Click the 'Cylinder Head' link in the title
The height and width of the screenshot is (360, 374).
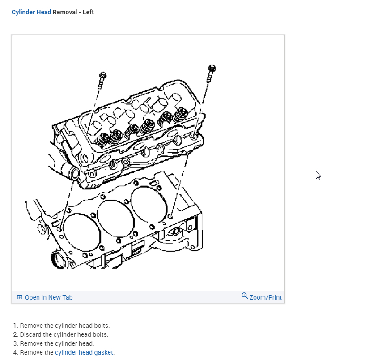[x=31, y=12]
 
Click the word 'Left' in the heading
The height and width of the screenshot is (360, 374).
[x=88, y=12]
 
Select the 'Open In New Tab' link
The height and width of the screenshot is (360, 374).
[x=48, y=297]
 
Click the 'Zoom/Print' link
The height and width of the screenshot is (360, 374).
[x=266, y=297]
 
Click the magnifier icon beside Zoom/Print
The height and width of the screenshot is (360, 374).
[x=245, y=296]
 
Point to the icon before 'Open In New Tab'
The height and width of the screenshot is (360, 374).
[x=20, y=297]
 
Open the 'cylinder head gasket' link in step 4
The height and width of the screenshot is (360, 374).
[x=84, y=352]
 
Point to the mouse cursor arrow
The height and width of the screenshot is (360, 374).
[x=318, y=175]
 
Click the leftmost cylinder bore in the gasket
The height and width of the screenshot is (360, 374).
[x=81, y=232]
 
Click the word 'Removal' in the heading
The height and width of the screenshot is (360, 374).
[x=65, y=12]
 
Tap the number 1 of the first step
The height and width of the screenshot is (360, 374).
[x=15, y=326]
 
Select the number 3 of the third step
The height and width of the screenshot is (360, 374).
[x=15, y=343]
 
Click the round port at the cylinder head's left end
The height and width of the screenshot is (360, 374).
[x=74, y=172]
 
